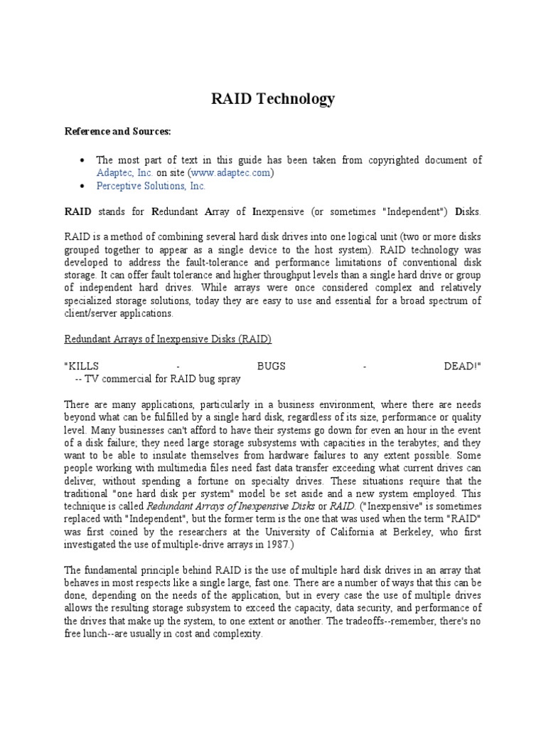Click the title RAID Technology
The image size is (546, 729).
pyautogui.click(x=273, y=98)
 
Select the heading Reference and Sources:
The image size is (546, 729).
pyautogui.click(x=118, y=132)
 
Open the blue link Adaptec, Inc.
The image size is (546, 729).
pyautogui.click(x=124, y=172)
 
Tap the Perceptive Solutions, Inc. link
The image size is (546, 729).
pyautogui.click(x=151, y=186)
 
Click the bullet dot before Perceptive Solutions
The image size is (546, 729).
pyautogui.click(x=82, y=187)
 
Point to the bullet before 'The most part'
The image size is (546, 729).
pyautogui.click(x=82, y=160)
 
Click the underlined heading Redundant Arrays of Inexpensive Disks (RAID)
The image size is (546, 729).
pyautogui.click(x=168, y=340)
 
